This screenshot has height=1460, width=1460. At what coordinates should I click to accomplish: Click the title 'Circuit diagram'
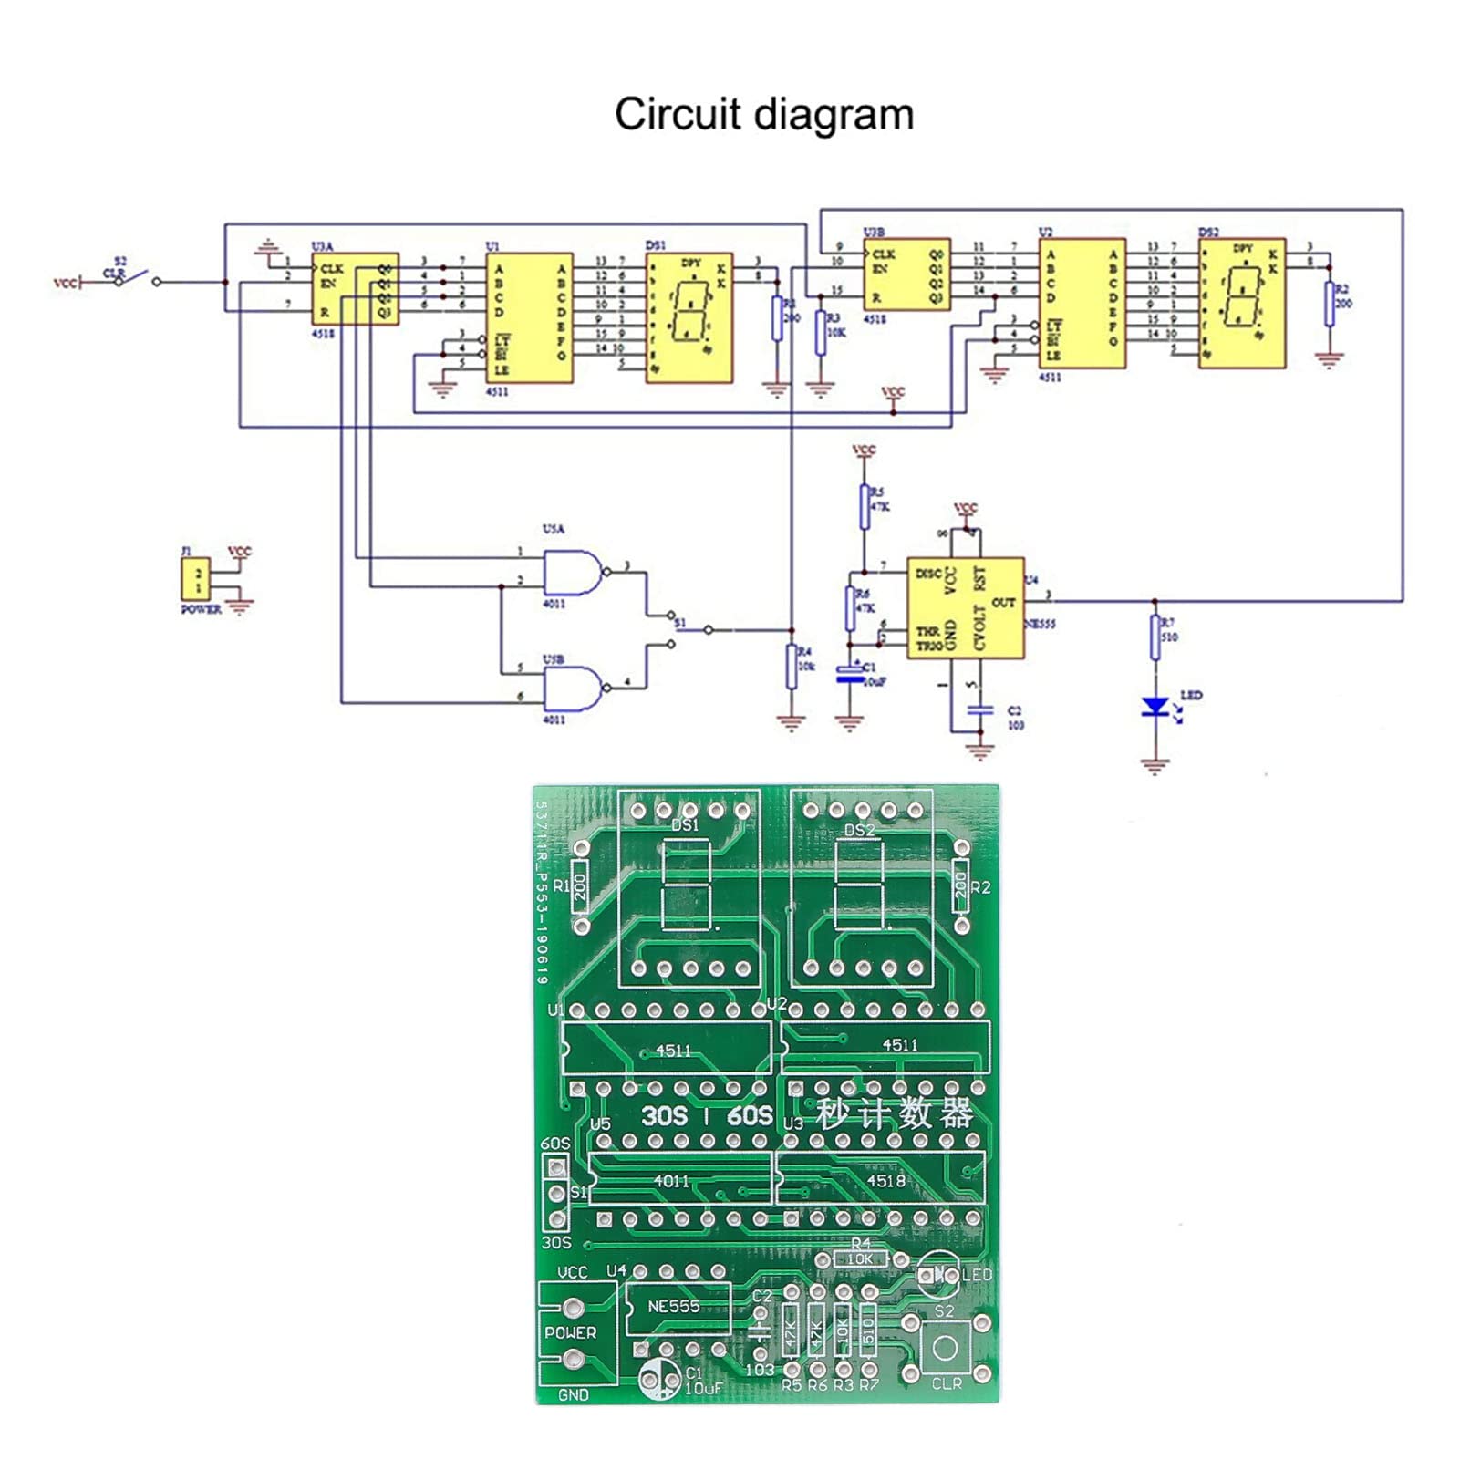click(x=763, y=115)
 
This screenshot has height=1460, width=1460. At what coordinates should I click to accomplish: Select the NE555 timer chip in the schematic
click(x=965, y=608)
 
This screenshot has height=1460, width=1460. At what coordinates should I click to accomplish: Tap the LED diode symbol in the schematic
click(x=1155, y=706)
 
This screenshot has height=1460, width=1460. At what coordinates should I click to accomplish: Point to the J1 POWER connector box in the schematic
click(x=197, y=581)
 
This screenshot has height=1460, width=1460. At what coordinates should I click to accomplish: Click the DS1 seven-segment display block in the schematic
click(x=689, y=317)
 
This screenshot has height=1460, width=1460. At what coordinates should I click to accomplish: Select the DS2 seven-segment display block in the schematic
click(x=1241, y=304)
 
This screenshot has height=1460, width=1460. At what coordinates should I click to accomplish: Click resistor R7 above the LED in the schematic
click(x=1155, y=636)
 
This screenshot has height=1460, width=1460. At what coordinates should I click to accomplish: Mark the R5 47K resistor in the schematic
click(x=865, y=506)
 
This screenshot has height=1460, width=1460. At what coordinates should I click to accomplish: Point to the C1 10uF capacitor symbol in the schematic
click(x=850, y=673)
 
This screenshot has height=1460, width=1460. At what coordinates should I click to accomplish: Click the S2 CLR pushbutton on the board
click(x=946, y=1347)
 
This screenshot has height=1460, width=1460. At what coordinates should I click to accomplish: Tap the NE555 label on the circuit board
click(x=674, y=1307)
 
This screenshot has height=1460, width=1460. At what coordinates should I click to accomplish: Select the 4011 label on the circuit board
click(x=672, y=1181)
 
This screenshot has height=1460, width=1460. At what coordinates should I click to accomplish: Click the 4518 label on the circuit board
click(x=885, y=1181)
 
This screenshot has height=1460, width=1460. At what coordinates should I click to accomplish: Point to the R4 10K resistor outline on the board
click(x=860, y=1259)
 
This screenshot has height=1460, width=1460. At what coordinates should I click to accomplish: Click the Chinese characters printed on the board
click(x=894, y=1114)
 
